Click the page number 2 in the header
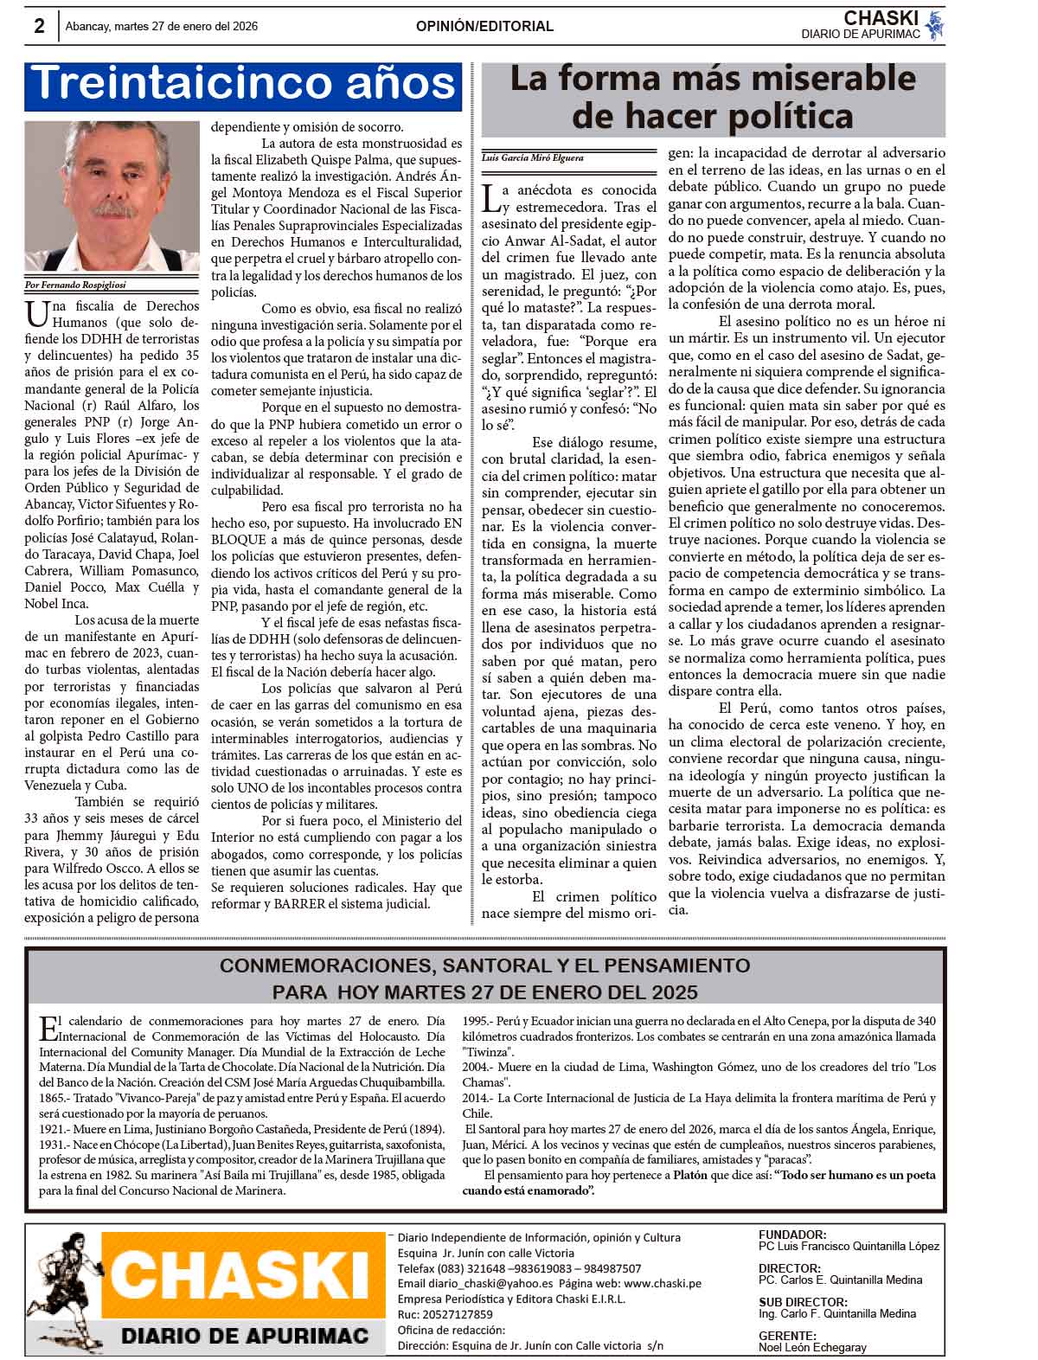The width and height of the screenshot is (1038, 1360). (x=39, y=26)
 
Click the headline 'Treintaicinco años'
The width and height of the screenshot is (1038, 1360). (x=243, y=84)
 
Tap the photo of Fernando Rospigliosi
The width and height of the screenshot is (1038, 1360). (x=112, y=196)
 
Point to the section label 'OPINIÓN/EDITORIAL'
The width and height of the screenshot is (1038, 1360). (x=484, y=27)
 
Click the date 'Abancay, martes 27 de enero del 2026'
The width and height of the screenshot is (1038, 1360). (x=162, y=27)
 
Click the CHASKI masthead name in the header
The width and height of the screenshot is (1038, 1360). (x=881, y=18)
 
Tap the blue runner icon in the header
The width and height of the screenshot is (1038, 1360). (x=934, y=25)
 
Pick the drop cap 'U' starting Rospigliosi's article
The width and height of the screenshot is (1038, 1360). (x=36, y=312)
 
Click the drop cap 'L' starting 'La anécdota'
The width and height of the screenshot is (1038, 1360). (x=490, y=198)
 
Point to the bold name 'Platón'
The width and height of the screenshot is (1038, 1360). (x=692, y=1175)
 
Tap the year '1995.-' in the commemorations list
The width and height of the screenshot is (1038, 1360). (x=478, y=1020)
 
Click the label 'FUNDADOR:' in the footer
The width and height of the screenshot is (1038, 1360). (x=791, y=1235)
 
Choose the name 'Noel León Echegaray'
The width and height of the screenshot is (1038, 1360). (x=812, y=1347)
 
